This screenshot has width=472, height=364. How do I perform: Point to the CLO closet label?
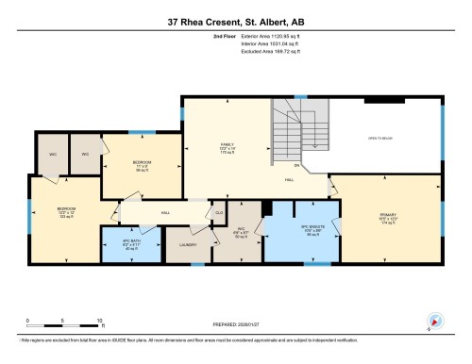coord(219,214)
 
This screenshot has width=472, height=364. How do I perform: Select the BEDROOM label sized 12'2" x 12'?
coord(65,210)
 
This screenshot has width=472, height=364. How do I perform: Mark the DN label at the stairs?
coord(295,167)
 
